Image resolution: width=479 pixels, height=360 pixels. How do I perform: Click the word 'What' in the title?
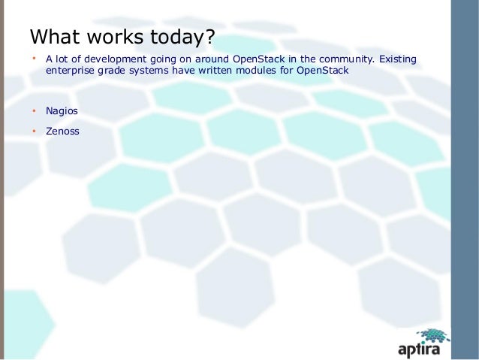point(55,37)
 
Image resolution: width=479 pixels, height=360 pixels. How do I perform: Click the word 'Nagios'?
point(62,111)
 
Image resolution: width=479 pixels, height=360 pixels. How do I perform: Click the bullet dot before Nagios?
point(33,111)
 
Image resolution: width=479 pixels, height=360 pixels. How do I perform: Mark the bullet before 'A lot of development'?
point(33,59)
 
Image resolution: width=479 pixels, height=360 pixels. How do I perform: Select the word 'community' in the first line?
point(345,59)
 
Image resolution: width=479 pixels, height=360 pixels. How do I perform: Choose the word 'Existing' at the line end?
point(398,59)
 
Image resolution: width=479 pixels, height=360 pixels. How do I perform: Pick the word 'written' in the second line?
point(218,71)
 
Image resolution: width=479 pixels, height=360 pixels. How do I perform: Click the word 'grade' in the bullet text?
point(110,71)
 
